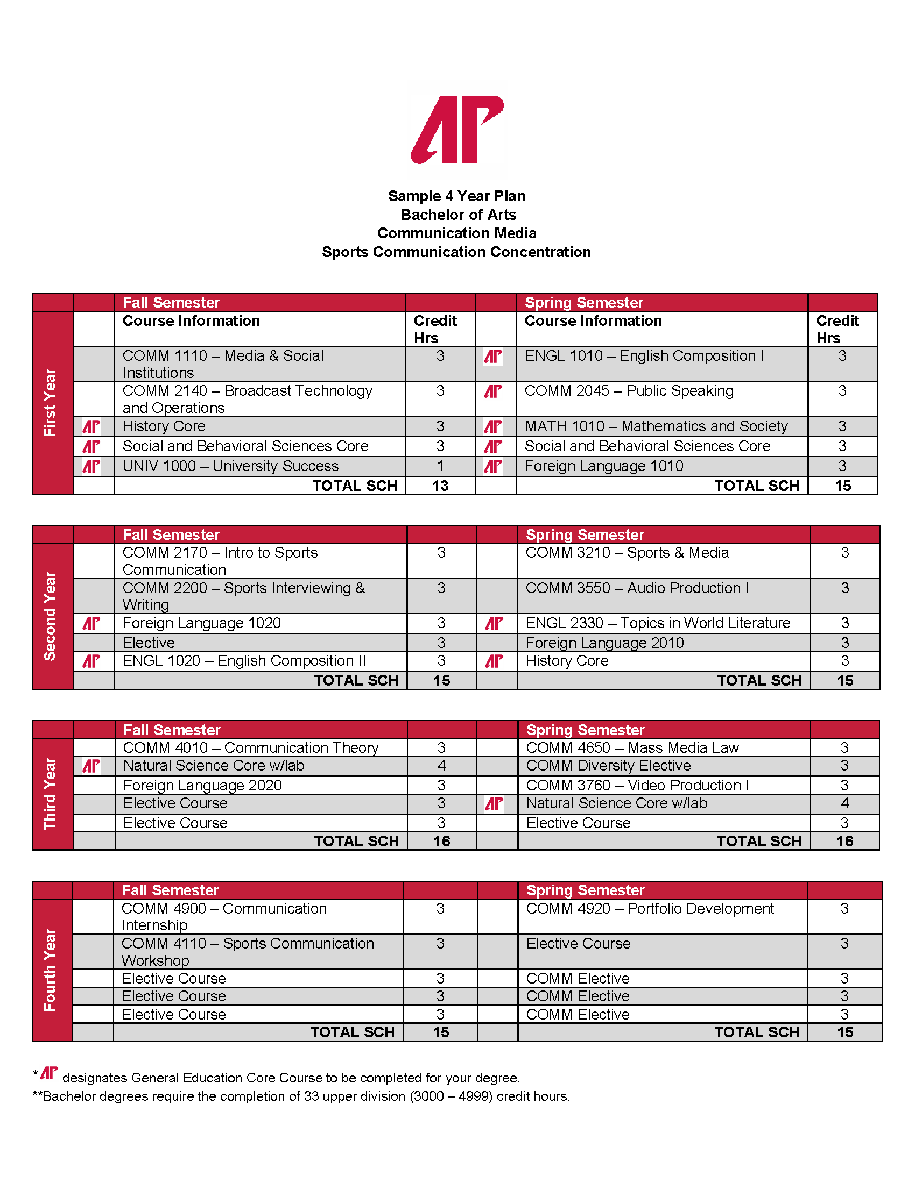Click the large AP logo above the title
[x=457, y=130]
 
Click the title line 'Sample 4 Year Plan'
[x=456, y=196]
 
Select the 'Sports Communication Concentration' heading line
[x=456, y=252]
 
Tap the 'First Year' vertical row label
[x=50, y=402]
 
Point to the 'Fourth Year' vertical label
[x=50, y=970]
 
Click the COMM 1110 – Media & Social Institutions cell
[x=223, y=364]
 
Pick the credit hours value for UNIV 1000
[x=440, y=466]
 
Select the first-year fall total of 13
[x=440, y=486]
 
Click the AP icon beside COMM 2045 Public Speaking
[x=492, y=391]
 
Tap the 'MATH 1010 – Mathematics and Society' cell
[x=656, y=426]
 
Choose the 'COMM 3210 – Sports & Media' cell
[x=627, y=553]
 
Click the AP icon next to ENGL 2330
[x=494, y=623]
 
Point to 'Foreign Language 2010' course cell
[x=605, y=643]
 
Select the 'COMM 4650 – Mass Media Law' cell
[x=632, y=748]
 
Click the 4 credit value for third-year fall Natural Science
[x=441, y=766]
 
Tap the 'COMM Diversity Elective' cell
[x=609, y=766]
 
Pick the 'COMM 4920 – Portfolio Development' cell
[x=650, y=909]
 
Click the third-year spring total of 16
[x=844, y=841]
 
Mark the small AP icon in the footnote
[x=49, y=1073]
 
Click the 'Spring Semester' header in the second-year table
[x=586, y=535]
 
